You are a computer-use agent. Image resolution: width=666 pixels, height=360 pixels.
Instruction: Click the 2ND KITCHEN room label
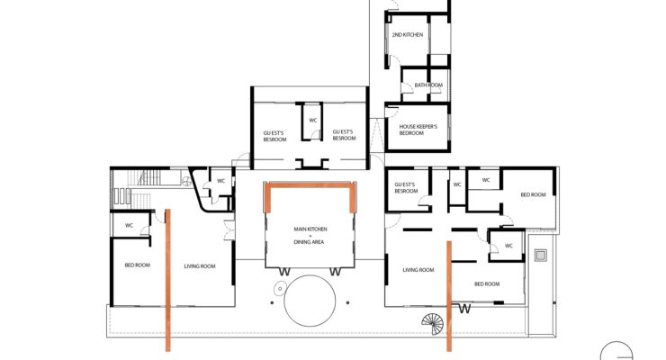(x=408, y=35)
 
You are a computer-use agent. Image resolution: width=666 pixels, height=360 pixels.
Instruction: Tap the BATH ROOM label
(x=428, y=85)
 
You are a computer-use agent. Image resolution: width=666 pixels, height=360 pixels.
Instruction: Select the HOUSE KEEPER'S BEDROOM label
(x=418, y=130)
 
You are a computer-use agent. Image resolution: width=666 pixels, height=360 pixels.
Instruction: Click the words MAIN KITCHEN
(x=310, y=229)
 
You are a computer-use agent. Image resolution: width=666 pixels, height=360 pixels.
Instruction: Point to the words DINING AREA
(x=309, y=242)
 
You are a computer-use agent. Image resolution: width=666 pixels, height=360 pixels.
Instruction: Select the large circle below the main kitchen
(x=310, y=301)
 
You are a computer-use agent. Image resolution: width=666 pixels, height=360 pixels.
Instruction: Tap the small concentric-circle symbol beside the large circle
(x=280, y=289)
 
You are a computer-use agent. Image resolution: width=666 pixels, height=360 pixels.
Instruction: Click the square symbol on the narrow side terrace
(x=540, y=256)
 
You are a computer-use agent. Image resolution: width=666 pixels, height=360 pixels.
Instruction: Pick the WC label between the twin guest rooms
(x=313, y=121)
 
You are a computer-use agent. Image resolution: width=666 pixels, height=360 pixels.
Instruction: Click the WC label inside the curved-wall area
(x=220, y=181)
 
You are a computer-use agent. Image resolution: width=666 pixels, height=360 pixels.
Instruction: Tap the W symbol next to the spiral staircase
(x=465, y=309)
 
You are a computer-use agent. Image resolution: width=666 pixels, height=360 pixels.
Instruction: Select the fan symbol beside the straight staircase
(x=186, y=182)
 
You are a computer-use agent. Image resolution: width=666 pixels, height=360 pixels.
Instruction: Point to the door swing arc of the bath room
(x=408, y=87)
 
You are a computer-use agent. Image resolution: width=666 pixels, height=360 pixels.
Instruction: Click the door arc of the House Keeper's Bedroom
(x=392, y=112)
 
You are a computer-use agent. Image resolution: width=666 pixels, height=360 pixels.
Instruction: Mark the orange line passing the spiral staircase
(x=449, y=296)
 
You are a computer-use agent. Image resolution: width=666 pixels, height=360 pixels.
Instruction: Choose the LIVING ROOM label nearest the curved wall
(x=200, y=266)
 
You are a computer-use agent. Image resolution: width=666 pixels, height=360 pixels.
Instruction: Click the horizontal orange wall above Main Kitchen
(x=310, y=185)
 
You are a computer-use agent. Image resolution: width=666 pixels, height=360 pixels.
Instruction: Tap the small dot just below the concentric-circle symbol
(x=272, y=302)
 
